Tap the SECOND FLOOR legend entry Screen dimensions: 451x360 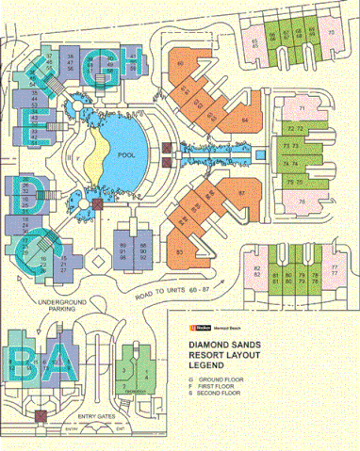[x=212, y=390]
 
